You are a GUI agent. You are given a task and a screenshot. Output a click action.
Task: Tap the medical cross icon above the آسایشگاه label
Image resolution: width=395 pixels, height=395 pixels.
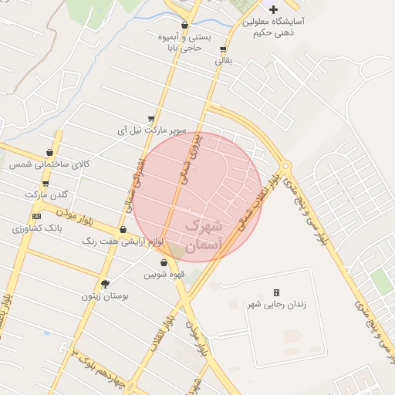[273, 10]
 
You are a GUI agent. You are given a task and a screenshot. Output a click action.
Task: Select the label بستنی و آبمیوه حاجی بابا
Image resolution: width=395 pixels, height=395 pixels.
[185, 42]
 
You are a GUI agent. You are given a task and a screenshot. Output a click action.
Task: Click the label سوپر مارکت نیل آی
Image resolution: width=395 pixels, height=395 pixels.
[152, 130]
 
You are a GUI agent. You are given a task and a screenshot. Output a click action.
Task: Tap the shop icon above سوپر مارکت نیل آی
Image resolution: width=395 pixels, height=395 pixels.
[151, 119]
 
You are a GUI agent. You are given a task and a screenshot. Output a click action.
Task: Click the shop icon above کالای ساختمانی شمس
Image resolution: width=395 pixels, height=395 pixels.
[50, 153]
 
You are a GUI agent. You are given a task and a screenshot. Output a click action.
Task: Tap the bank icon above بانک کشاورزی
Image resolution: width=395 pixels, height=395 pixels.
[36, 216]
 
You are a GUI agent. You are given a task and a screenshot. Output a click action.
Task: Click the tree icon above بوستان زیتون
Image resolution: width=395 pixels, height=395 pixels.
[106, 283]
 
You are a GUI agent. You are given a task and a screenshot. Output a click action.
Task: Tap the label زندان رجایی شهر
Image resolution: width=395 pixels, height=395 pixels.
[275, 304]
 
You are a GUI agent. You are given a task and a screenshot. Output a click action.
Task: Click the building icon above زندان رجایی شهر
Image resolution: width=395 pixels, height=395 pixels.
[276, 292]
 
